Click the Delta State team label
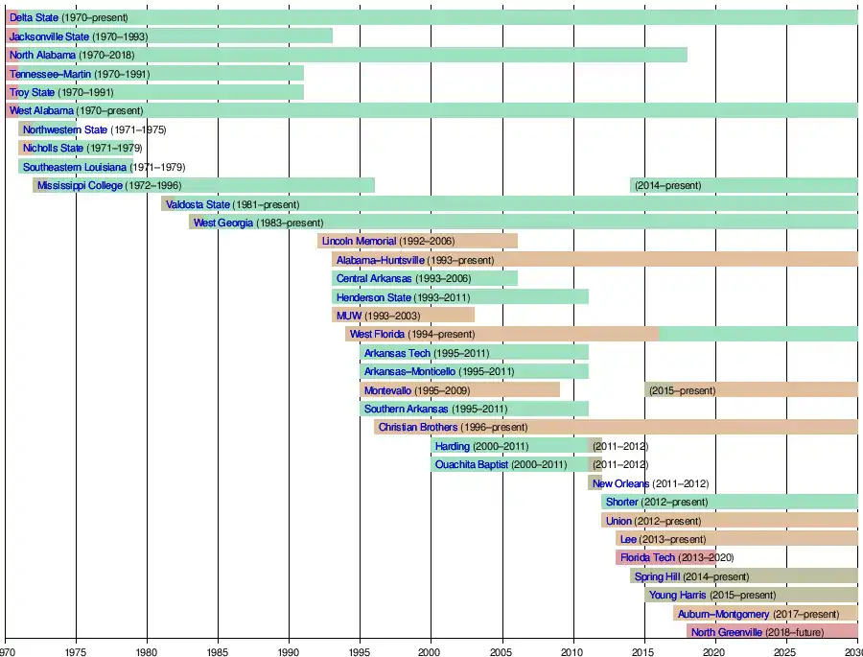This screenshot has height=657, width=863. pyautogui.click(x=34, y=17)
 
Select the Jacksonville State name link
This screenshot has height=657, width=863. pyautogui.click(x=49, y=36)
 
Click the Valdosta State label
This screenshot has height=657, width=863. pyautogui.click(x=198, y=204)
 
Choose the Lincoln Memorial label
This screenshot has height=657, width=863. pyautogui.click(x=359, y=242)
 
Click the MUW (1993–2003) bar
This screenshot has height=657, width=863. pyautogui.click(x=404, y=316)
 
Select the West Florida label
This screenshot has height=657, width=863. pyautogui.click(x=377, y=334)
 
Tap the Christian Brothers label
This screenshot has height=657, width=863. pyautogui.click(x=418, y=428)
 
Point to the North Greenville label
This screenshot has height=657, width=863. pyautogui.click(x=727, y=633)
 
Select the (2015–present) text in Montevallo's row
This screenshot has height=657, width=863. pyautogui.click(x=682, y=390)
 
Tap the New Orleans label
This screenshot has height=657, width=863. pyautogui.click(x=620, y=484)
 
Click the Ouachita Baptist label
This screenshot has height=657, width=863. pyautogui.click(x=472, y=465)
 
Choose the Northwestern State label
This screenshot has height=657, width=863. pyautogui.click(x=65, y=129)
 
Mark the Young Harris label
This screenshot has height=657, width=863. pyautogui.click(x=677, y=596)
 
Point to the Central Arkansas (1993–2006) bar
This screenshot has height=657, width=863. pyautogui.click(x=425, y=278)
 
